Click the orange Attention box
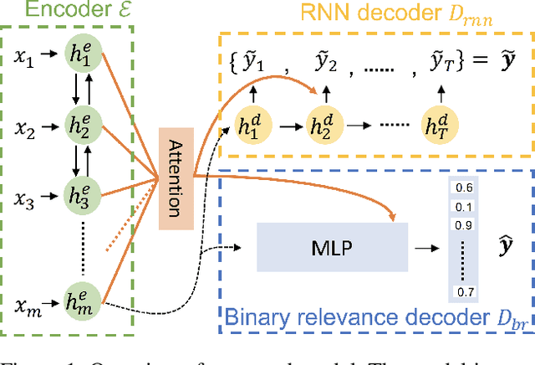pyautogui.click(x=176, y=178)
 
